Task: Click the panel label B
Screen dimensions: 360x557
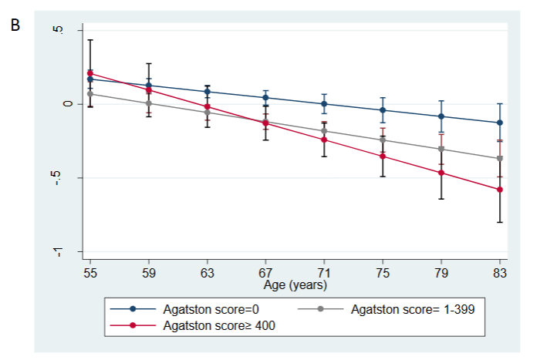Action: click(15, 25)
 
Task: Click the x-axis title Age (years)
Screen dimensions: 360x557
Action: click(295, 285)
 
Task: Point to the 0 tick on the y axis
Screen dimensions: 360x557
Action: click(67, 104)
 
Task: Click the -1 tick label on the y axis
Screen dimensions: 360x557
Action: click(67, 251)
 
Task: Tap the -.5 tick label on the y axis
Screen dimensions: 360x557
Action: click(67, 178)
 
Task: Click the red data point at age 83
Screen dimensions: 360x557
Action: click(501, 190)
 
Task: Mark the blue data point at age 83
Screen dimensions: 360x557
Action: click(501, 123)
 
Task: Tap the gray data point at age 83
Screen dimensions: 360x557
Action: click(501, 159)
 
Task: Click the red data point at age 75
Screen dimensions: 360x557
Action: click(383, 156)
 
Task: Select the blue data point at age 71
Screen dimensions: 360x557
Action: click(325, 103)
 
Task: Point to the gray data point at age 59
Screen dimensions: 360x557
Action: click(149, 103)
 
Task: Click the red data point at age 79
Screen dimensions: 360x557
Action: click(442, 173)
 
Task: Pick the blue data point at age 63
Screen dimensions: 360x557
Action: click(208, 92)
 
